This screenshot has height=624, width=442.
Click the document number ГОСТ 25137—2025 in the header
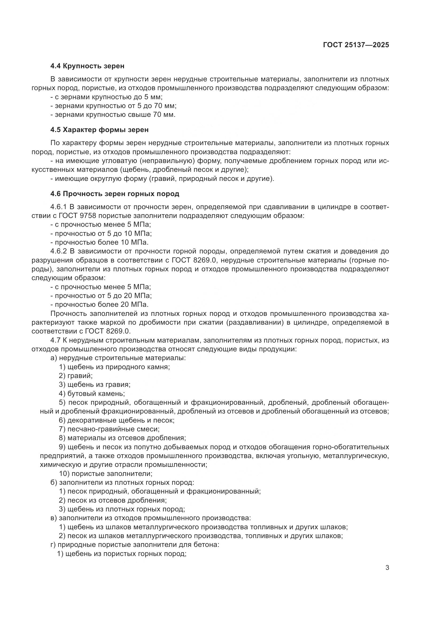click(x=356, y=45)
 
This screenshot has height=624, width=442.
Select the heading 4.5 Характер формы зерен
click(x=99, y=130)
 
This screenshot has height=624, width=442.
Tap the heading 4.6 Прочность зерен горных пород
click(x=115, y=194)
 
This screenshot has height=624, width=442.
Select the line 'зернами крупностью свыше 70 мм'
click(x=113, y=115)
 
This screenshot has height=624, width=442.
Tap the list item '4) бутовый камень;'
click(x=92, y=394)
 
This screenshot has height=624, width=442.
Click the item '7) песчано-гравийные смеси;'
click(x=109, y=429)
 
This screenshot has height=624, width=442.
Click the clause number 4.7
click(x=56, y=340)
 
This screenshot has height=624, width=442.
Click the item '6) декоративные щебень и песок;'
click(x=117, y=420)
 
